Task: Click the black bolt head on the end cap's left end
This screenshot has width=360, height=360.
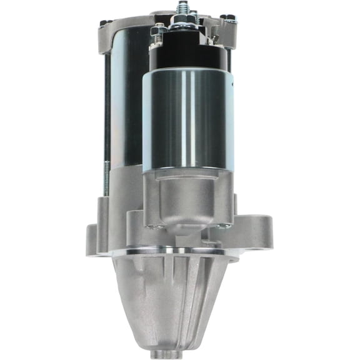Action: coord(103,23)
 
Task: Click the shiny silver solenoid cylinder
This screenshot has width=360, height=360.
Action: coord(187,119)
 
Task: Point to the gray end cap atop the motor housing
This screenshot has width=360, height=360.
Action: coord(125,28)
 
